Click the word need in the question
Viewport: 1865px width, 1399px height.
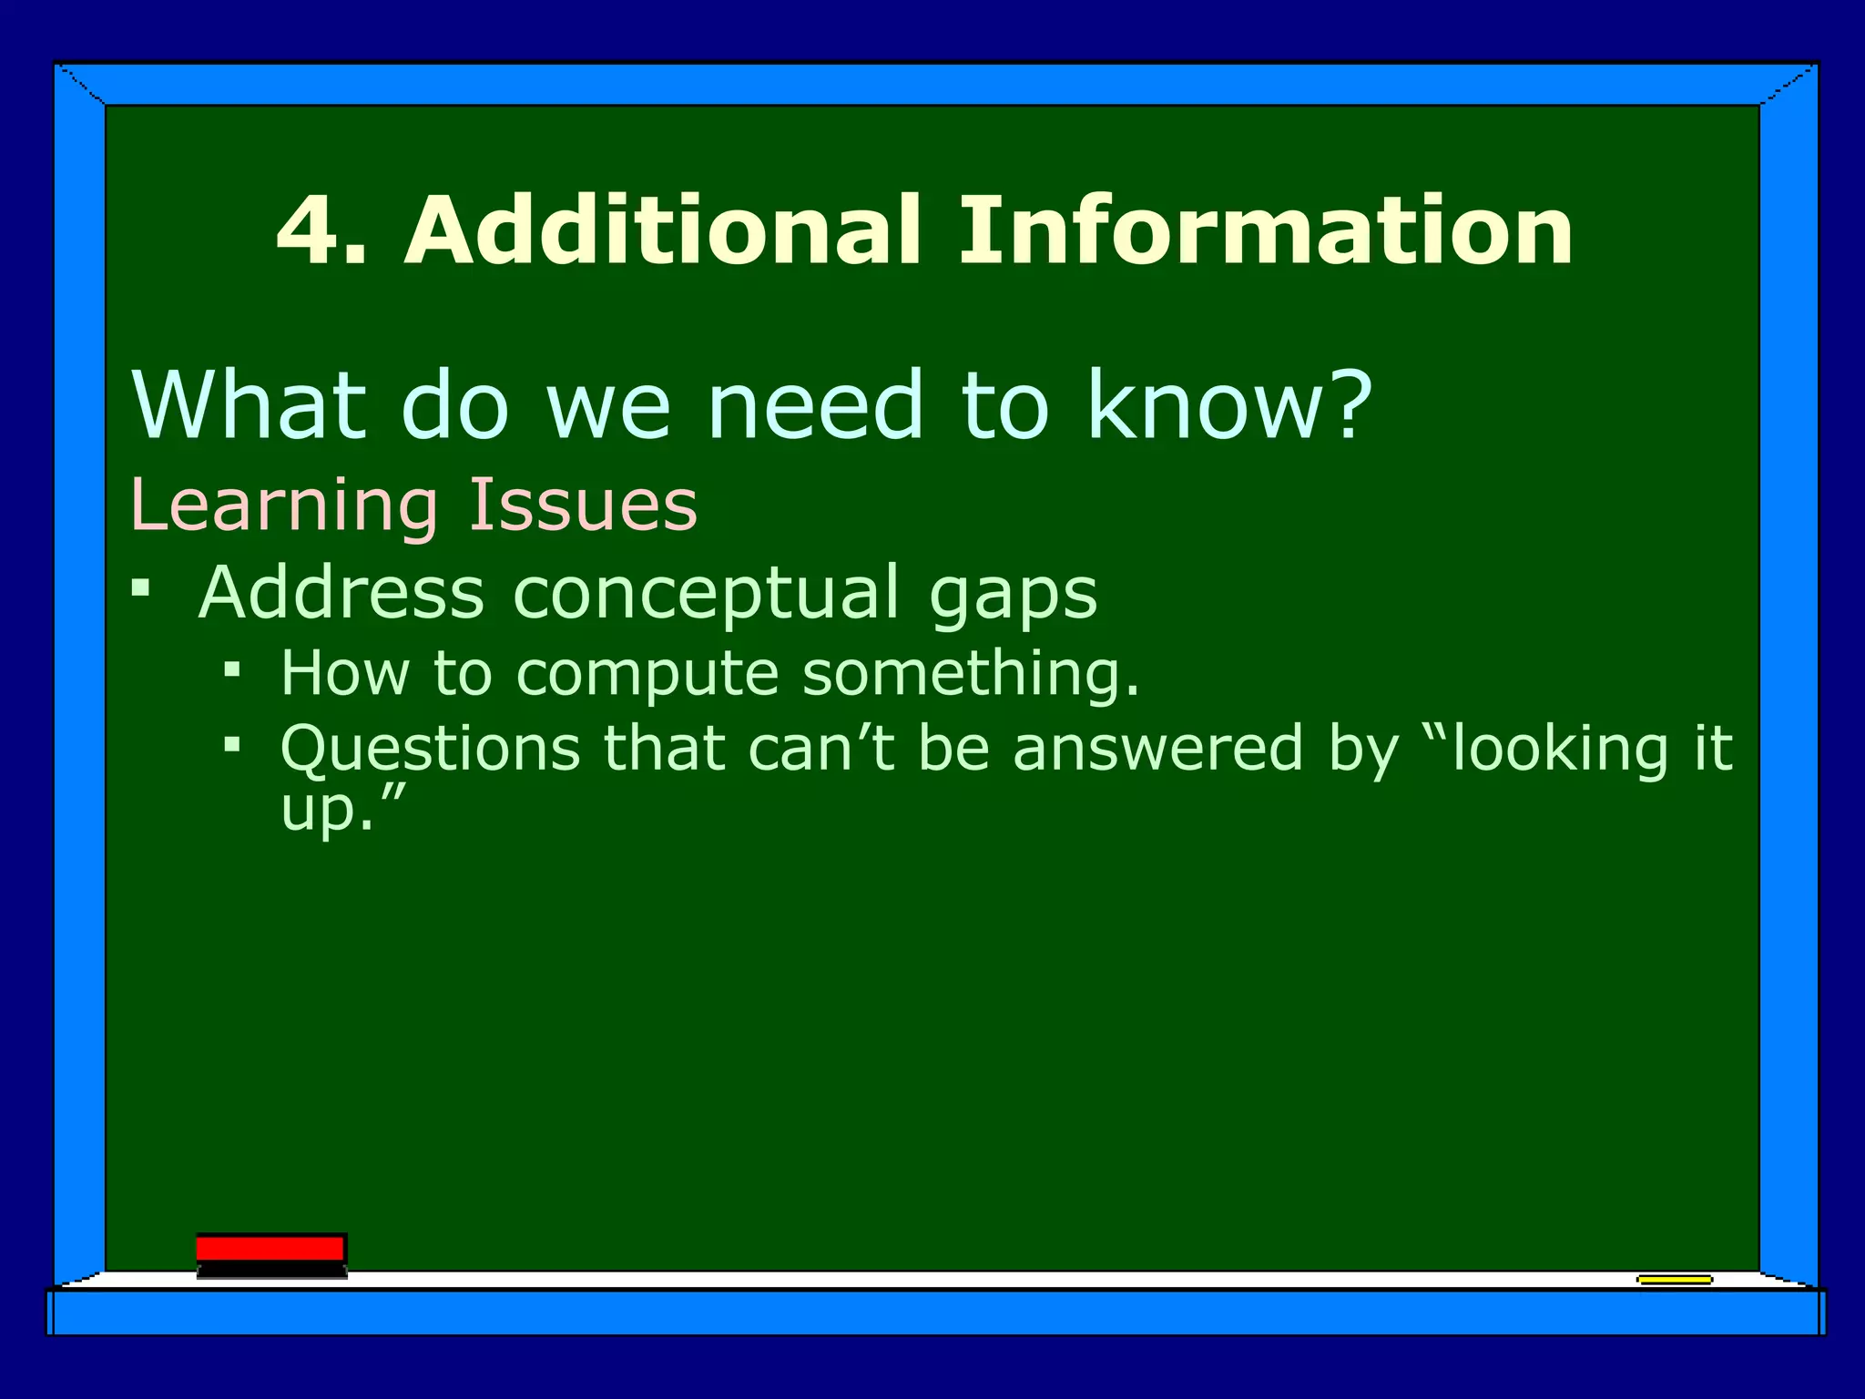pos(816,405)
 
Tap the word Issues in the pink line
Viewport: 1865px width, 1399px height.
pos(583,505)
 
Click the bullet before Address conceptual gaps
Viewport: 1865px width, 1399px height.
pos(140,588)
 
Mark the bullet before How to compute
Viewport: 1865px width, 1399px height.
pos(232,670)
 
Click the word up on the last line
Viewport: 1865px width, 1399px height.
pos(315,810)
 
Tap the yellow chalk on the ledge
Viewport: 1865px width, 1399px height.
pos(1674,1280)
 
